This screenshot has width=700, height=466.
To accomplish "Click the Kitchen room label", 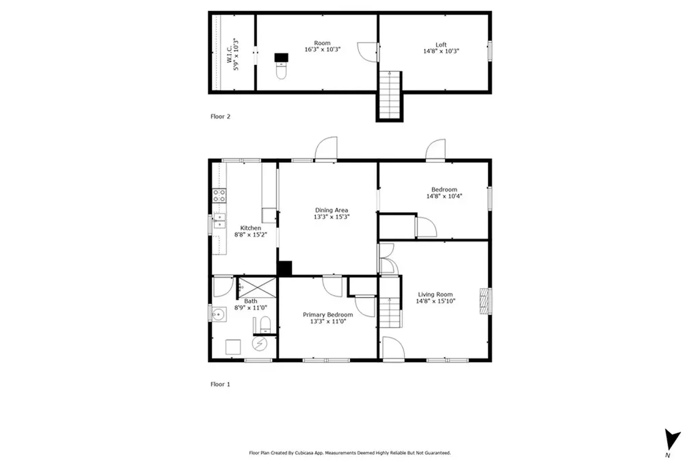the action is pos(250,228).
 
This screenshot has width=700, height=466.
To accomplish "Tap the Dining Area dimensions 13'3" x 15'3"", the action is pos(332,217).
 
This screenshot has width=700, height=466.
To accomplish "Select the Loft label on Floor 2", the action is pos(441,44).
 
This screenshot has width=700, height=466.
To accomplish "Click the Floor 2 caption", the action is pos(221,116).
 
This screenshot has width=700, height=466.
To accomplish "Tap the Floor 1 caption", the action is pos(221,385).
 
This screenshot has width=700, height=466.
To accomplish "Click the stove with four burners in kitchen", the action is pos(219,195).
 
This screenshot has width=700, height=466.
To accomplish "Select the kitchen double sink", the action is pos(219,221).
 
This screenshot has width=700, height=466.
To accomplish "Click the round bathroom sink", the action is pos(218,315).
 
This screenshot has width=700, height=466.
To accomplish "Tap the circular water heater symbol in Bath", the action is pos(259,343).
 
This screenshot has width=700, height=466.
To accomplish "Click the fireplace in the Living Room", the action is pos(485,301).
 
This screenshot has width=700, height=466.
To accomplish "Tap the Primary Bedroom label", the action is pos(328,315).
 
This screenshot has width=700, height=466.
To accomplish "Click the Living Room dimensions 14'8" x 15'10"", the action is pos(435,301).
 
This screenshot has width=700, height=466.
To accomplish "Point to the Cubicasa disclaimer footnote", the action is pos(350,453).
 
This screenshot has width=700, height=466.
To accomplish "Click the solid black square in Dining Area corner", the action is pos(284,268).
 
